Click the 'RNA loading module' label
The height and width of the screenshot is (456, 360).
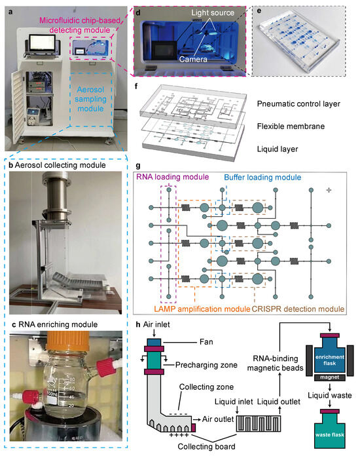(x=171, y=176)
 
